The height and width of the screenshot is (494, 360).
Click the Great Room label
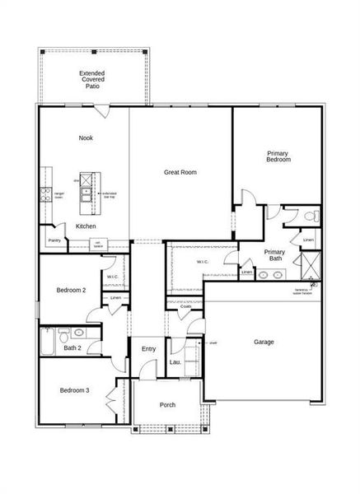click(180, 172)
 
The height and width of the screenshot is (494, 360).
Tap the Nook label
click(86, 137)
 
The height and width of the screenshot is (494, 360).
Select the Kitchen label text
click(86, 226)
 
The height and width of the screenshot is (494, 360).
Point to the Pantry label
click(54, 240)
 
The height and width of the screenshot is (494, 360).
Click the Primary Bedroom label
click(278, 156)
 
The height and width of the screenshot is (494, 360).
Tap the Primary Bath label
click(274, 255)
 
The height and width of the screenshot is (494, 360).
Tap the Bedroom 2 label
click(71, 290)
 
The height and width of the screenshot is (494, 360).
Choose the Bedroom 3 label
click(74, 389)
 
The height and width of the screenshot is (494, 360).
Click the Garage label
click(264, 342)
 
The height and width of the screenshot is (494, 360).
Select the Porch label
click(167, 404)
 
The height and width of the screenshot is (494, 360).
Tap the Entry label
click(148, 349)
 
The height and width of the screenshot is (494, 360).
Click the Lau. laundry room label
click(175, 360)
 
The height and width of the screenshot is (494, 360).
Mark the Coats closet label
click(185, 306)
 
